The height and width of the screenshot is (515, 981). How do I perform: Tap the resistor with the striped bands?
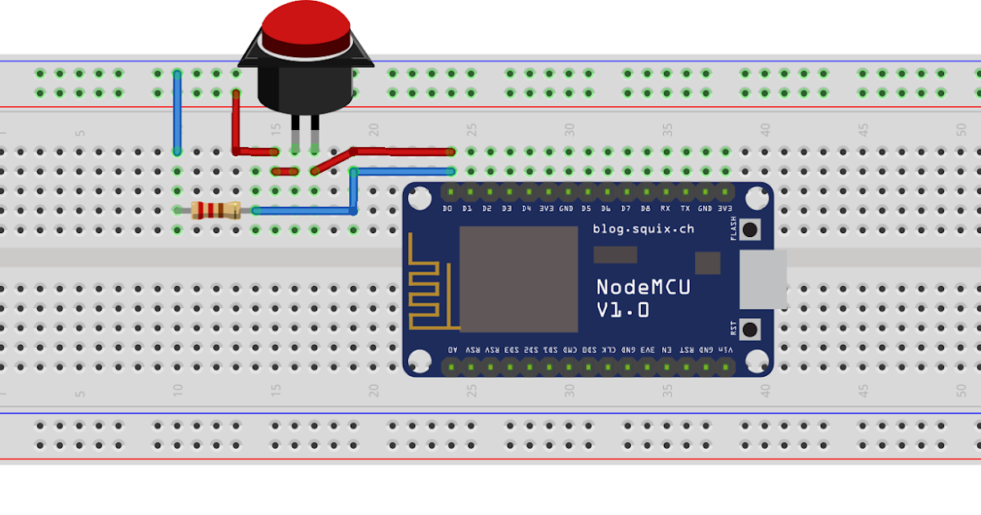215,211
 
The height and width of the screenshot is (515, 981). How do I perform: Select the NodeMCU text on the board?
643,287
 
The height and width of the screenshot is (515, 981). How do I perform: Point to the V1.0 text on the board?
623,310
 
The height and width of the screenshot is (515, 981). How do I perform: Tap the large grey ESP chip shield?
518,279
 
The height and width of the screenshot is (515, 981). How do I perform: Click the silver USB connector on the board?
763,279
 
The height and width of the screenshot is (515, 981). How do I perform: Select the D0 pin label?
447,209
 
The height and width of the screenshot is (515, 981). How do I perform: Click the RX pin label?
665,209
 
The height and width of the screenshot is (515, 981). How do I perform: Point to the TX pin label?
685,209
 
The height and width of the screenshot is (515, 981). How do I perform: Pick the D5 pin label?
586,209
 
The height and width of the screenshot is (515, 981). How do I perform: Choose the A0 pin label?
453,349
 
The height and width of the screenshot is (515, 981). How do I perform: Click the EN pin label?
667,349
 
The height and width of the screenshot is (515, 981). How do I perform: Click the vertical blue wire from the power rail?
177,113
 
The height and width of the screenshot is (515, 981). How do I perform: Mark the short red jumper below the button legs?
284,171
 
